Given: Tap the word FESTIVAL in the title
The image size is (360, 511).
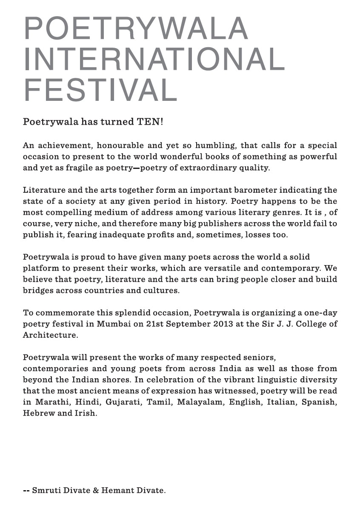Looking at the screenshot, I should (x=100, y=90).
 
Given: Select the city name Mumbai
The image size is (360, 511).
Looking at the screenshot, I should (x=112, y=324).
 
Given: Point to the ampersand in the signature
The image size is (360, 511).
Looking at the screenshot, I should (x=96, y=491).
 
